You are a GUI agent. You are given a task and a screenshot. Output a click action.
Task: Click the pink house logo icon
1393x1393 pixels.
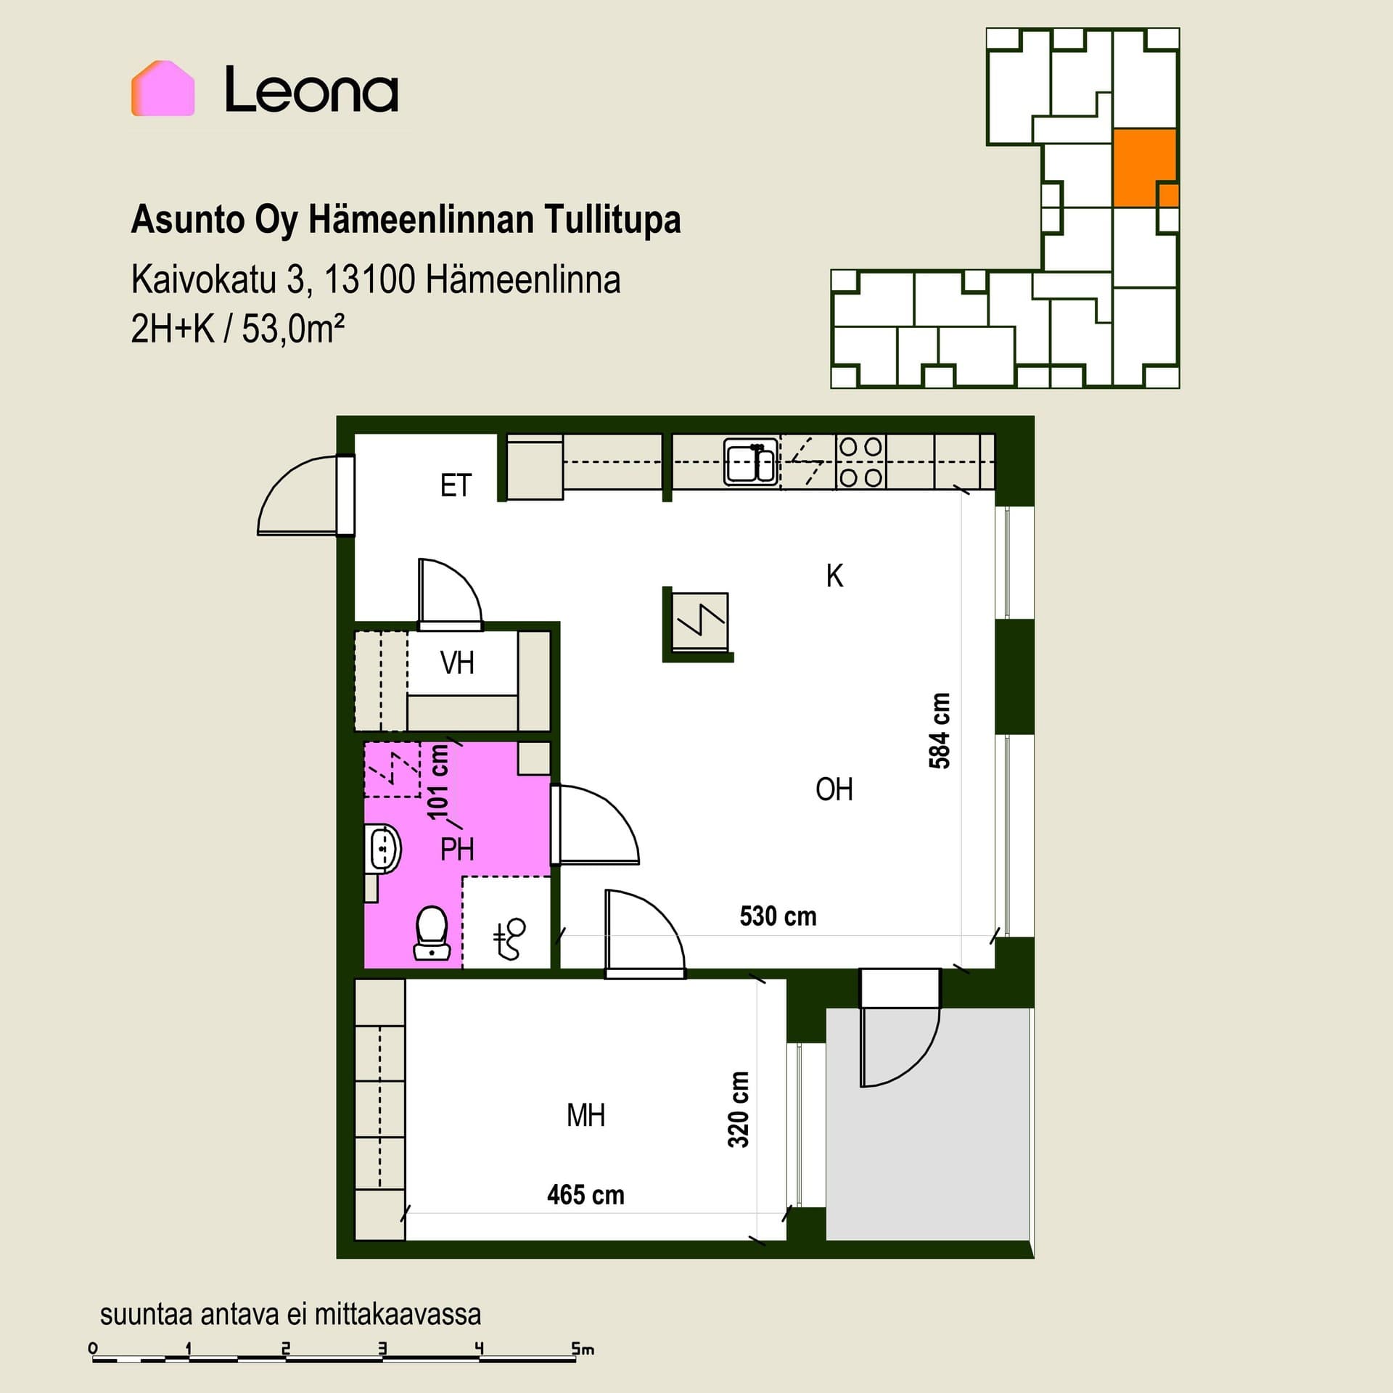(x=163, y=89)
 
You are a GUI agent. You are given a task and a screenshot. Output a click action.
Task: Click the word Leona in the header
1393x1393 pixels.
(x=312, y=90)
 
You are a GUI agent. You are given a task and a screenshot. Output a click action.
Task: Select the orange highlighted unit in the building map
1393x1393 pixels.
(x=1145, y=168)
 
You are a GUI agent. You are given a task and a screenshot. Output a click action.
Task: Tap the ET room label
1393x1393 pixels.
(x=456, y=485)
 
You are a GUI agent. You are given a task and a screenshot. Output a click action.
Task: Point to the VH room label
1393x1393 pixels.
(x=457, y=663)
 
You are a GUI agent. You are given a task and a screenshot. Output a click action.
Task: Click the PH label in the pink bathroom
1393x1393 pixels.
(x=457, y=849)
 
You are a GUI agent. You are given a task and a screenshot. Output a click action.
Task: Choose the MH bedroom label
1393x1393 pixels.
(x=585, y=1115)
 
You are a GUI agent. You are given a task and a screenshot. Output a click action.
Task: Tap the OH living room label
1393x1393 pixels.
(x=834, y=789)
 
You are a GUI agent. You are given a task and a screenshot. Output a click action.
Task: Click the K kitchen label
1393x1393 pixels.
(x=834, y=576)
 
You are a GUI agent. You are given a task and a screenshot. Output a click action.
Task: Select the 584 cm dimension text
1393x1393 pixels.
(x=940, y=731)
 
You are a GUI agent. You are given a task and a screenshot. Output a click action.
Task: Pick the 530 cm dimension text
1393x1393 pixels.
(x=778, y=916)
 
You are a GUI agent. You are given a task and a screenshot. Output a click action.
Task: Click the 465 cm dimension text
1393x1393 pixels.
(x=585, y=1195)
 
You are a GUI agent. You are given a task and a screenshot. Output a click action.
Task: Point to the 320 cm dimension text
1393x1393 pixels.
(x=739, y=1110)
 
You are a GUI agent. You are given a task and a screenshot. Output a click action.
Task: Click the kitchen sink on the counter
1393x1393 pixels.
(x=751, y=462)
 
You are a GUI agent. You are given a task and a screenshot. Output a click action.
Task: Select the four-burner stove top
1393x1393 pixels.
(x=860, y=462)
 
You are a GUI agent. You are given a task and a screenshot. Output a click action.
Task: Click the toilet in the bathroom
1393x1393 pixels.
(x=431, y=934)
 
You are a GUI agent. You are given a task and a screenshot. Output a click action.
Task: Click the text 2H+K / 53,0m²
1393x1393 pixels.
(x=237, y=329)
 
